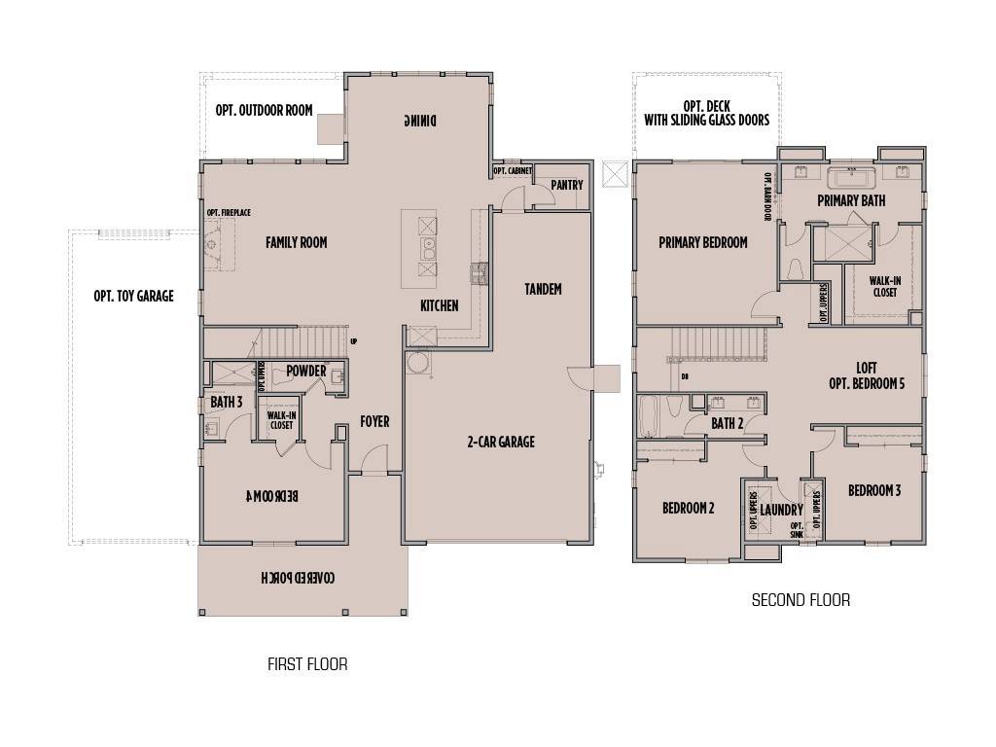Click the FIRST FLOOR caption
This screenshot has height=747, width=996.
(307, 665)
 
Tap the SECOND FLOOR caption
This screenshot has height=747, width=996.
(800, 600)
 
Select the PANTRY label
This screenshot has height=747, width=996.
(566, 185)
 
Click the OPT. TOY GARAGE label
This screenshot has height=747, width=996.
(134, 296)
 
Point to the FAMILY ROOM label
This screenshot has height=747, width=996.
(297, 242)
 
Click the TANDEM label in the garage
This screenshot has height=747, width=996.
(543, 289)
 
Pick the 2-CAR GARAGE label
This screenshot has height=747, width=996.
(501, 442)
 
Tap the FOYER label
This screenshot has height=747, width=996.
(374, 421)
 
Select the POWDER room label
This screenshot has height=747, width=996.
(305, 371)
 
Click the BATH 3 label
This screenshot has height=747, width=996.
(226, 402)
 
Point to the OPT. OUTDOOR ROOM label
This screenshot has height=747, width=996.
(264, 110)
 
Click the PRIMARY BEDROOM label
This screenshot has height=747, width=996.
(702, 242)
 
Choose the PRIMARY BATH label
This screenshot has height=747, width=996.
(851, 200)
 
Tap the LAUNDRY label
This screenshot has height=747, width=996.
(781, 510)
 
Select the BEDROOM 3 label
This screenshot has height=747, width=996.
(873, 490)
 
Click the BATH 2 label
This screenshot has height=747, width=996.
(727, 423)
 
